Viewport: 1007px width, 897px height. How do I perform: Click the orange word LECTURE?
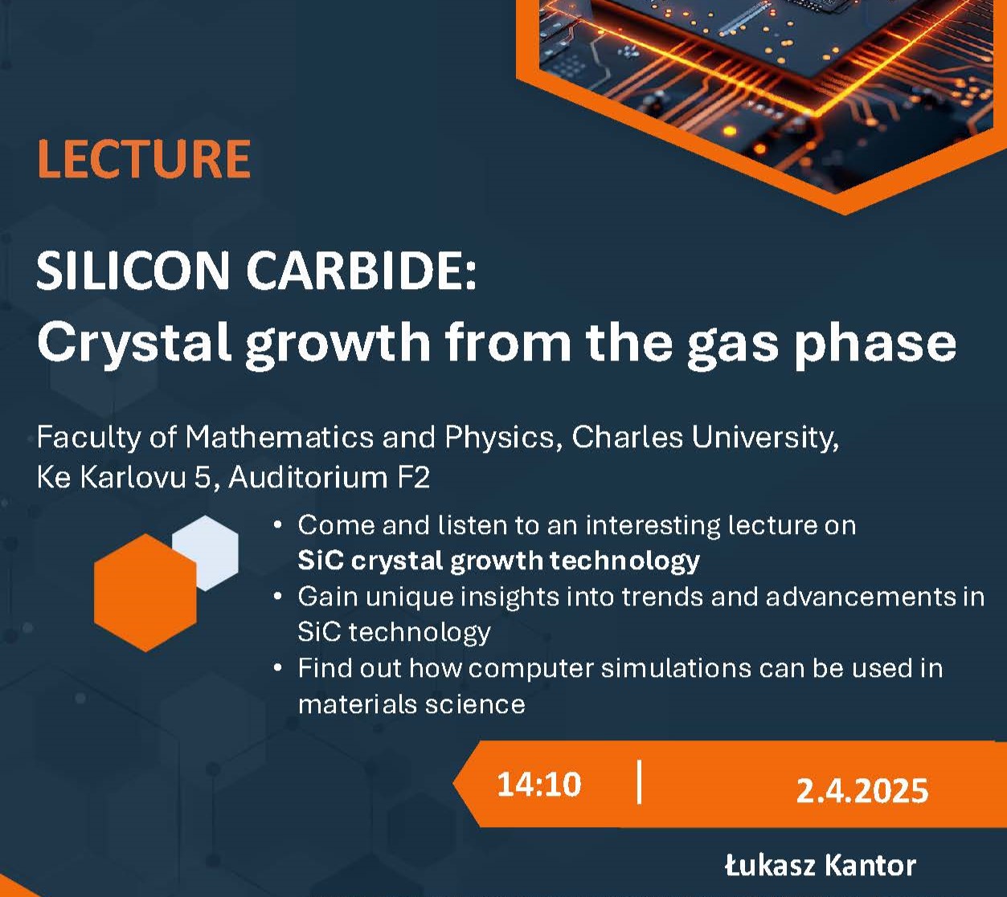(144, 158)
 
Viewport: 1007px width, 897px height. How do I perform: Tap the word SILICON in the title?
(133, 270)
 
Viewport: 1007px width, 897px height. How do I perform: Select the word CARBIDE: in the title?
(362, 270)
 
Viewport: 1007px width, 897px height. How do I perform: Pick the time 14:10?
(539, 785)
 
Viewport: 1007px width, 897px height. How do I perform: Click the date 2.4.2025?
(862, 790)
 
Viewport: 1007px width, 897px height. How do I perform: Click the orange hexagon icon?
(145, 593)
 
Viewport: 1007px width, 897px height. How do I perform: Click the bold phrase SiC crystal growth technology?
(498, 561)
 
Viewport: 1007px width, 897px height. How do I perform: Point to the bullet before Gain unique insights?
(278, 597)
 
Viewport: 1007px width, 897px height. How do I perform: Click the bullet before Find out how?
(278, 668)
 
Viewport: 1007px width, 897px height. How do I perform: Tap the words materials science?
(411, 704)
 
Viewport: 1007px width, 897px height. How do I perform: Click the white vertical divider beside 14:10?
(639, 782)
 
